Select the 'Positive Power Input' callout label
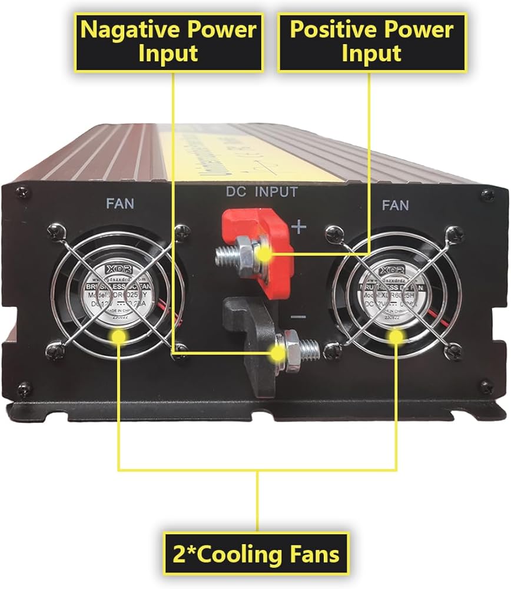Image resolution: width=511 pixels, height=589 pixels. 371,41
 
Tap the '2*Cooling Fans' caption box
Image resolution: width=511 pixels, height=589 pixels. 257,554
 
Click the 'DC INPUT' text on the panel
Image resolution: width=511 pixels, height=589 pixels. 262,191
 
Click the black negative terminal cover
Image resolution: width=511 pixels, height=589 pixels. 247,348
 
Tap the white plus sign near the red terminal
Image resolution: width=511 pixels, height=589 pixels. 299,226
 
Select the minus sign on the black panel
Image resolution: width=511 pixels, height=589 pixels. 298,317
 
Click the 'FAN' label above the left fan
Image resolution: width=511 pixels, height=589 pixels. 120,204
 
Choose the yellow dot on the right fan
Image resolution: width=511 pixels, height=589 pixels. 396,336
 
